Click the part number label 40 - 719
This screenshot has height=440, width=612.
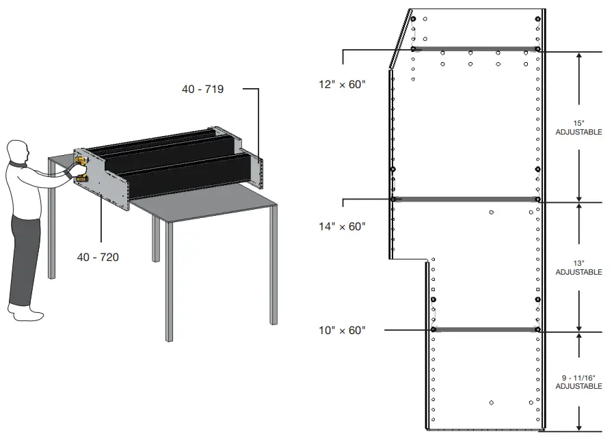[x=202, y=89]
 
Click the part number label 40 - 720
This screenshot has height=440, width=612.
[x=98, y=257]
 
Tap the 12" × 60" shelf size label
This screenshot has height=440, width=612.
[x=343, y=85]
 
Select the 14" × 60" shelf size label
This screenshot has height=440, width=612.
[x=343, y=226]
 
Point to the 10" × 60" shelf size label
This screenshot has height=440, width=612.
[x=343, y=331]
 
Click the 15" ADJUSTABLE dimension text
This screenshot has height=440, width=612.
[x=578, y=127]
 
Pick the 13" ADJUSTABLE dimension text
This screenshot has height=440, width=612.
[x=578, y=268]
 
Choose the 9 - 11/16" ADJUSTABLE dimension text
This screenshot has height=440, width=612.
[x=578, y=382]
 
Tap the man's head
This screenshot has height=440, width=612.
[x=18, y=151]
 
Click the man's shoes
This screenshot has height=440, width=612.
[x=28, y=313]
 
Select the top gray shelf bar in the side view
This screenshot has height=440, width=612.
[x=475, y=49]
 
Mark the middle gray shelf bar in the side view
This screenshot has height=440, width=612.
[x=465, y=199]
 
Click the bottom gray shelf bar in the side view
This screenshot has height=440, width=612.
[x=485, y=329]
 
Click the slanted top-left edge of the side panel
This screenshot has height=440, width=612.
[x=400, y=39]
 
